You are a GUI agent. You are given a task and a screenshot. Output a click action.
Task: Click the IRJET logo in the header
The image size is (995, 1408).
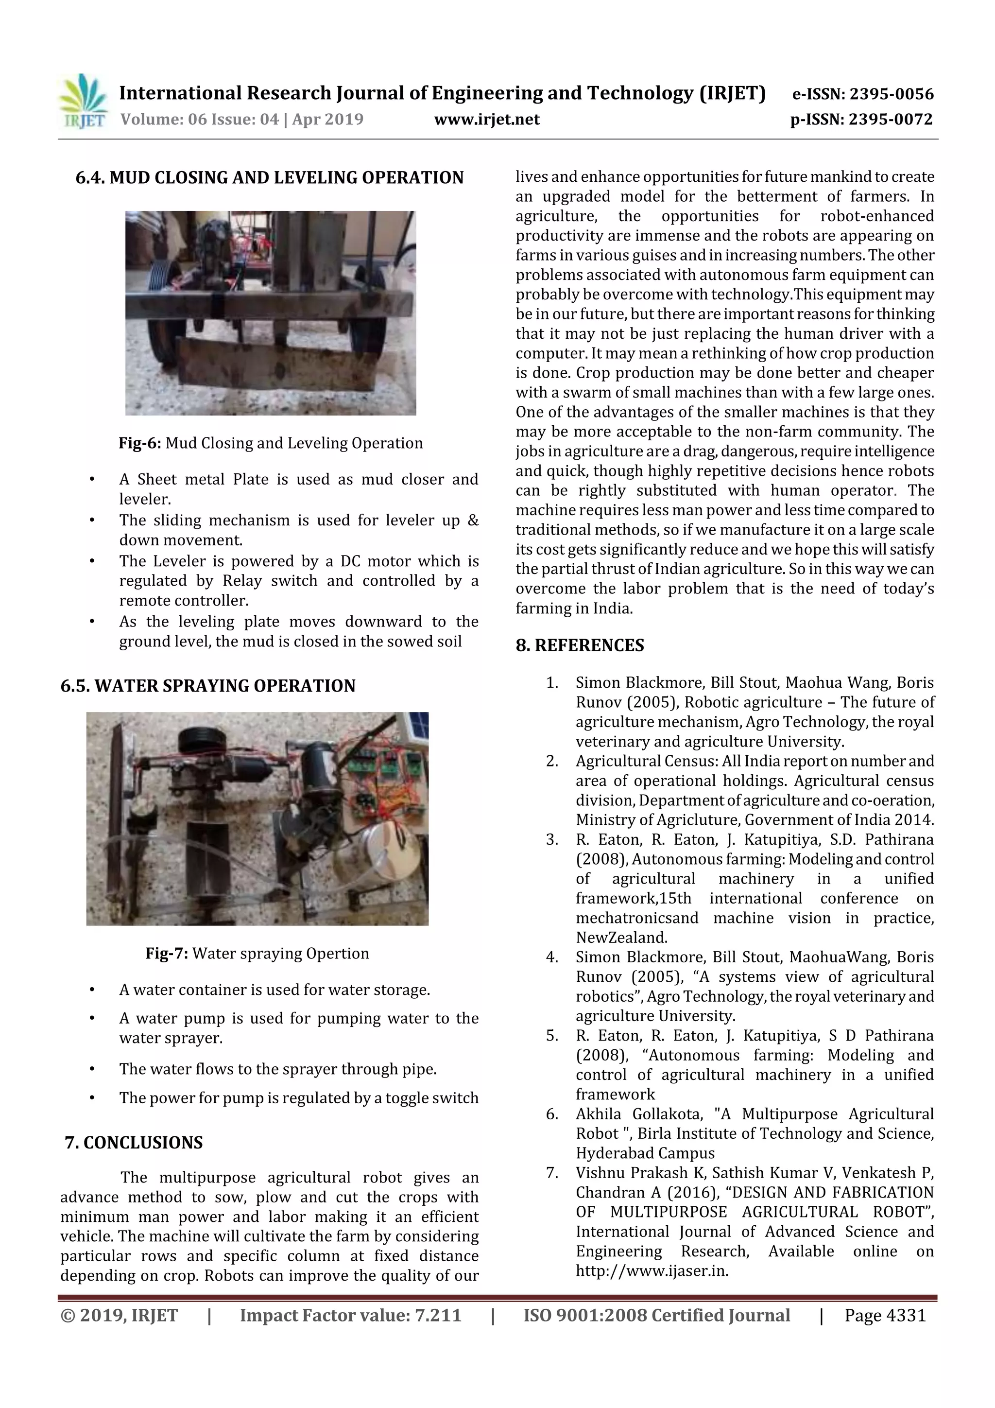83,101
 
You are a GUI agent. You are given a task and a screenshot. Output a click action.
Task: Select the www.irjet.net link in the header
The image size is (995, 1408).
487,120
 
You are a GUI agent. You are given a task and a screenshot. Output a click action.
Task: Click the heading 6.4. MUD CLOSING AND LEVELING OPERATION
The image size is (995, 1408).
269,178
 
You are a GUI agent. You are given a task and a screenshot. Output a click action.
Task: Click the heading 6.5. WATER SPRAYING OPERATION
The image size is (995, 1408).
208,686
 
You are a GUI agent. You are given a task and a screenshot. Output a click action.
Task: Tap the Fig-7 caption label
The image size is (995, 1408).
167,954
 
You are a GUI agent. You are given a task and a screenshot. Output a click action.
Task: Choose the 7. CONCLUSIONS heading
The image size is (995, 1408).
134,1143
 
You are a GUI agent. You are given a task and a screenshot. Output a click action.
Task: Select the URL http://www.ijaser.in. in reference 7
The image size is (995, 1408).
652,1270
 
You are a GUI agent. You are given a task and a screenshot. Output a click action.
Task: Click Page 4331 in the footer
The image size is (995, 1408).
885,1315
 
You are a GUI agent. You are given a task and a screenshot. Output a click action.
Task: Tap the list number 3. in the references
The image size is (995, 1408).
552,839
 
